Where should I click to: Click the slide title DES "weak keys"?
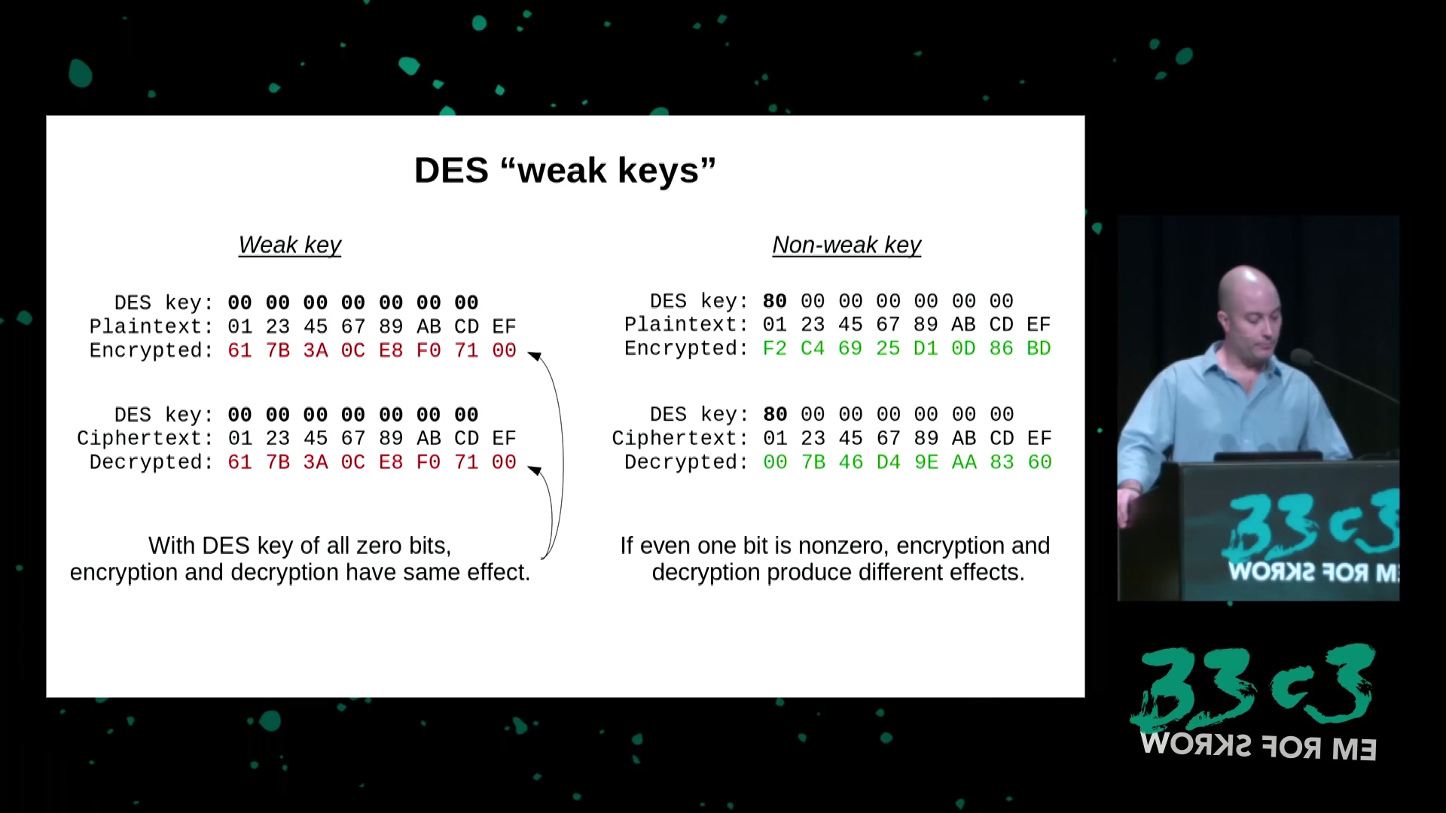click(x=565, y=171)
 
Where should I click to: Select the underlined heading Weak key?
click(x=290, y=245)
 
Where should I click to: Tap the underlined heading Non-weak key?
click(x=847, y=245)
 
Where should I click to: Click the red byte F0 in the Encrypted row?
click(x=429, y=351)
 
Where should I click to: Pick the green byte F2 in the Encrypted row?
click(x=775, y=349)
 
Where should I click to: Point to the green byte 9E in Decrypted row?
click(x=926, y=462)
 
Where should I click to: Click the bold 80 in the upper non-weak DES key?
click(x=775, y=301)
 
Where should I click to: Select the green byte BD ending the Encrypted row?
click(x=1039, y=349)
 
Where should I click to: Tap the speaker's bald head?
click(x=1246, y=297)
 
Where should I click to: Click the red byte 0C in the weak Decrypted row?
click(x=353, y=462)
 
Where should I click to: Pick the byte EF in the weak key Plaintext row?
click(x=504, y=327)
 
